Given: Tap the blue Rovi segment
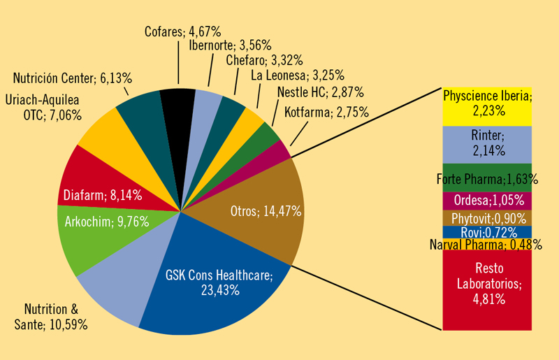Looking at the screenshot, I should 488,231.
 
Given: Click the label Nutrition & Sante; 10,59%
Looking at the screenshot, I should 56,317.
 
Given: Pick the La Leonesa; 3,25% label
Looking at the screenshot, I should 293,76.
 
